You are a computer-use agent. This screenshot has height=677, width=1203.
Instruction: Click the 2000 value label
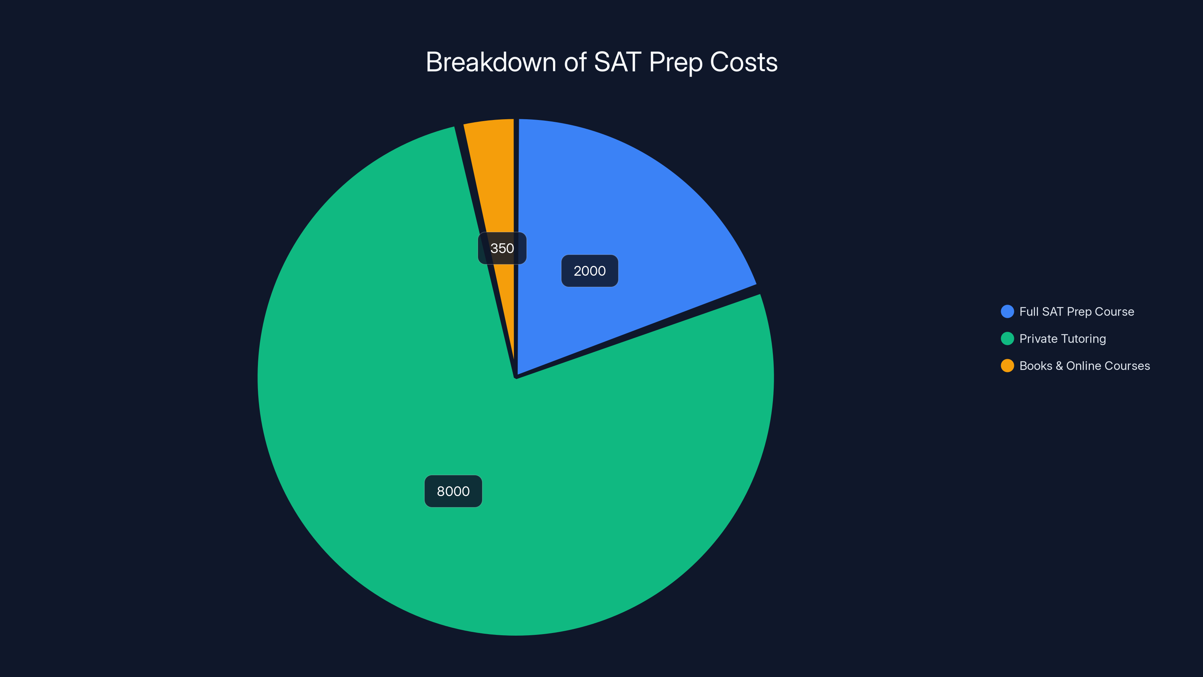[x=589, y=271]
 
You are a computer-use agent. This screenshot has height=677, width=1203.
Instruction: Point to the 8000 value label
[x=453, y=491]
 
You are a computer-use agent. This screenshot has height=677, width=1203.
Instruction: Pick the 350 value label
[x=502, y=248]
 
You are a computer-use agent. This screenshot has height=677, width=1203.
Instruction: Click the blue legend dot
[x=1008, y=312]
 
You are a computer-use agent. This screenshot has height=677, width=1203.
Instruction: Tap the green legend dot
[x=1008, y=339]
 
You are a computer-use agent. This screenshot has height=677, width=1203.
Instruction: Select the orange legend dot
[x=1008, y=366]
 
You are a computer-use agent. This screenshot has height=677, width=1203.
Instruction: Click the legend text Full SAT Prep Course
[x=1076, y=312]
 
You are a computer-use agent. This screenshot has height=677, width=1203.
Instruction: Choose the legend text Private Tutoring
[x=1062, y=339]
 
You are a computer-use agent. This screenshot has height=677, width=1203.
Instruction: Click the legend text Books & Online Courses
[x=1084, y=366]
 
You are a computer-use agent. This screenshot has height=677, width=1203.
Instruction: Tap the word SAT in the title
[x=617, y=62]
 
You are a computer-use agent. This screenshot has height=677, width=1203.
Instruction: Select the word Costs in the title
[x=744, y=62]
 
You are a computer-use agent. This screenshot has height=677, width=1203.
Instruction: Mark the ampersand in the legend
[x=1059, y=366]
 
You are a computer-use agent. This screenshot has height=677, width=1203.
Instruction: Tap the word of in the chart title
[x=575, y=62]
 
